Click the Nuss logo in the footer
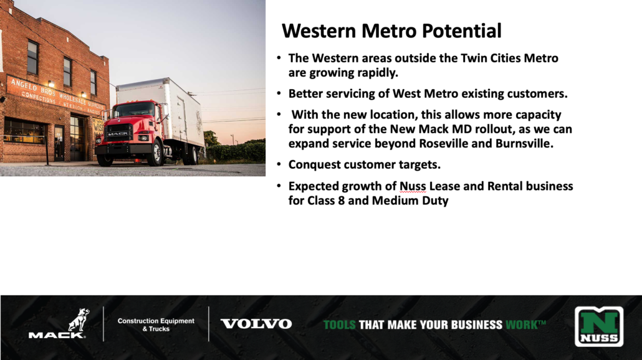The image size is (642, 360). point(599,326)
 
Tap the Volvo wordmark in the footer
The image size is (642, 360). point(256,324)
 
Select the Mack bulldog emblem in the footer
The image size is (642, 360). point(79,320)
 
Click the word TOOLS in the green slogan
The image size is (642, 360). point(340,325)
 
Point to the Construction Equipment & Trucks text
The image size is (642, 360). point(156,325)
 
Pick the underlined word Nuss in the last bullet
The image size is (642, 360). point(413,186)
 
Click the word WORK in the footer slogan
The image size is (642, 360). point(522,325)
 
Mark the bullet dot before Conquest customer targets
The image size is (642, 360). point(279,164)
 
